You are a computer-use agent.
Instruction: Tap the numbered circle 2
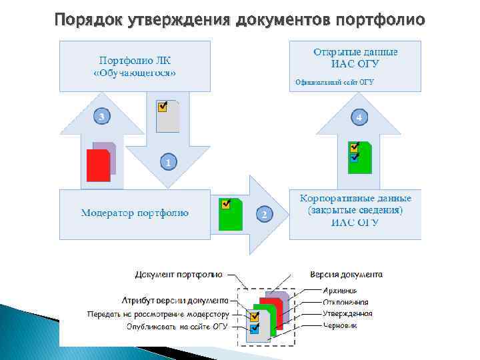(x=265, y=214)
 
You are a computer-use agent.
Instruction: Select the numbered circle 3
(x=101, y=117)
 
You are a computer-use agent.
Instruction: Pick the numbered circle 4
(x=359, y=117)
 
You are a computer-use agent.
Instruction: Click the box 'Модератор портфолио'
(x=135, y=213)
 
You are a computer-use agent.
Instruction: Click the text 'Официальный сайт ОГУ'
(x=334, y=83)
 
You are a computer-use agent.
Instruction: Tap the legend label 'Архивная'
(x=340, y=290)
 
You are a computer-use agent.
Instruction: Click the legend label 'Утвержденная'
(x=347, y=313)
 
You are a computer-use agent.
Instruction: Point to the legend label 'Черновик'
(x=341, y=325)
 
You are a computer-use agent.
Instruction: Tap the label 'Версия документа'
(x=346, y=274)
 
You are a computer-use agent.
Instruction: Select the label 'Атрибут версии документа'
(x=175, y=301)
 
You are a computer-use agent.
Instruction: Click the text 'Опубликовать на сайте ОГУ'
(x=177, y=327)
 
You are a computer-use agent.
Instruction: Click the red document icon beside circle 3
(x=99, y=165)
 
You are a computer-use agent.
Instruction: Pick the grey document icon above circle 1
(x=167, y=117)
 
